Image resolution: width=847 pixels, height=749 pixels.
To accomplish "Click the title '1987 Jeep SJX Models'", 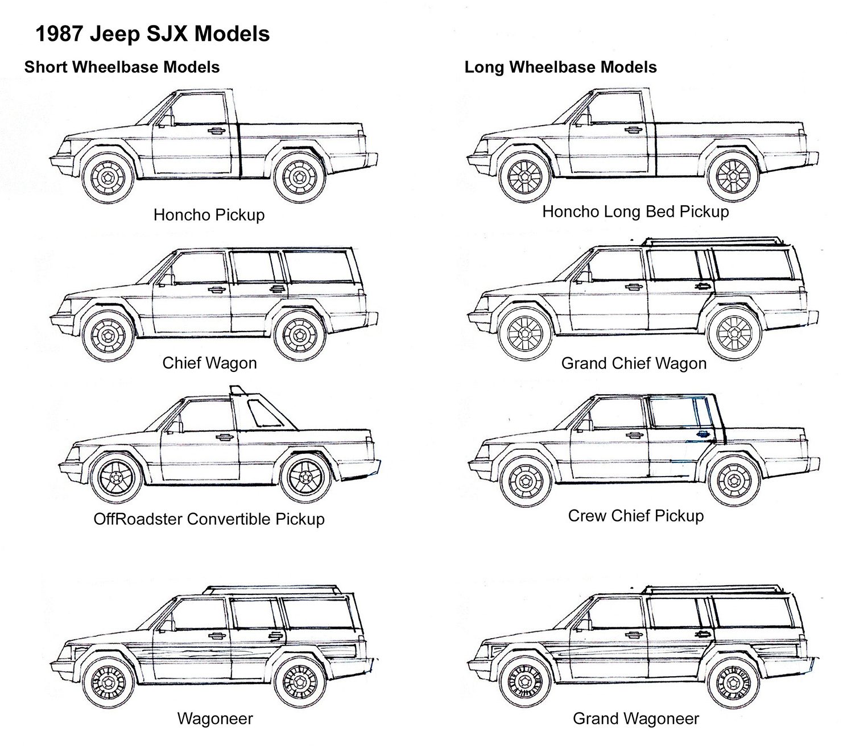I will pos(152,34).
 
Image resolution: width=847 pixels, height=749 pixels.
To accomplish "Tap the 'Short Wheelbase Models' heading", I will pos(122,67).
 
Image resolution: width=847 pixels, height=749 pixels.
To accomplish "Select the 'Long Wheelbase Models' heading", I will pos(560,67).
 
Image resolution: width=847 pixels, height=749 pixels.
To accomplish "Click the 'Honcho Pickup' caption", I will pos(209,215).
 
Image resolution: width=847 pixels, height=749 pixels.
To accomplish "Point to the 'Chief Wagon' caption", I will pos(209,363).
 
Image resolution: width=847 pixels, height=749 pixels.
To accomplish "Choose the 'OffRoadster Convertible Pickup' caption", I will pos(209,519).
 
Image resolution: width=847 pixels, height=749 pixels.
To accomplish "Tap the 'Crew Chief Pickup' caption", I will pos(635,516).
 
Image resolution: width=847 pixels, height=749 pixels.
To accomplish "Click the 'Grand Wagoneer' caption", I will pos(635,718).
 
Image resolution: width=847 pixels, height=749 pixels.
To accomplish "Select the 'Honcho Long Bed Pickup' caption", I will pos(635,212).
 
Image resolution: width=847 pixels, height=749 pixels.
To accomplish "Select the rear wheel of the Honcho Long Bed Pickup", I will pos(734,175).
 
